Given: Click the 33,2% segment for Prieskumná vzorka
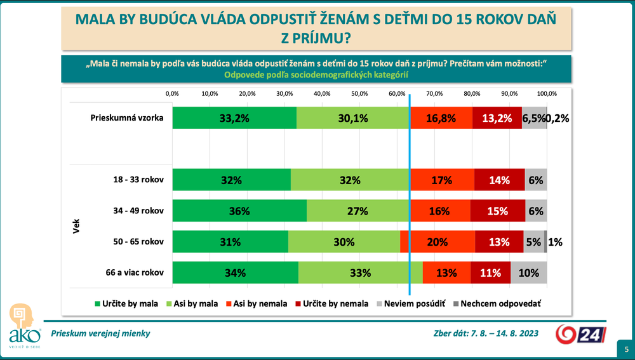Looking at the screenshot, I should [x=234, y=117].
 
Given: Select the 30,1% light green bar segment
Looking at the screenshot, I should [x=353, y=117].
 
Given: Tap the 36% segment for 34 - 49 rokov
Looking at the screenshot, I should [x=239, y=211].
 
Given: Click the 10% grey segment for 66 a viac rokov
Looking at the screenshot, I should [x=528, y=273].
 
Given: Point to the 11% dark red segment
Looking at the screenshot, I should [x=490, y=273].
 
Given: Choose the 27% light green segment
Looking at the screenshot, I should [x=358, y=211].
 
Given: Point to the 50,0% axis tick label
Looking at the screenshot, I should [x=359, y=93].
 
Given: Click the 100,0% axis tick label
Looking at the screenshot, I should [x=547, y=93].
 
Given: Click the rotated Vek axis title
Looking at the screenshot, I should [x=75, y=227].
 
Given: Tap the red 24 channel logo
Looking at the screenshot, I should [x=578, y=334].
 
